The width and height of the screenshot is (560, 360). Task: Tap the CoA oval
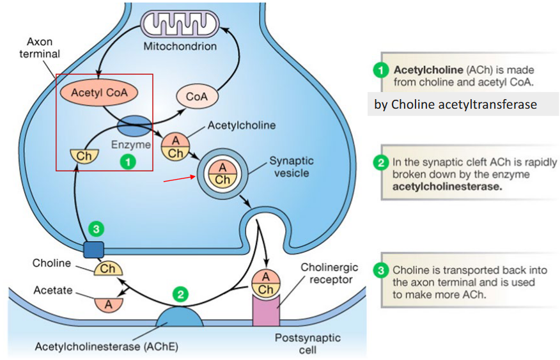tap(196, 97)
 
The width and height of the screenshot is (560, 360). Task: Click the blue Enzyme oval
tap(133, 125)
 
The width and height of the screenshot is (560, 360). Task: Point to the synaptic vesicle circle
tap(222, 173)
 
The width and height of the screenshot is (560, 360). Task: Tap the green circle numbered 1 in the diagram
tap(128, 162)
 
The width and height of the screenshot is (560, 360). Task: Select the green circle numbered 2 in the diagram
tap(182, 295)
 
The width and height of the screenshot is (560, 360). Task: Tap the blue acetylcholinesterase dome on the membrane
tap(174, 317)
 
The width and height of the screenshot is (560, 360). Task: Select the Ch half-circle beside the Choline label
tap(108, 268)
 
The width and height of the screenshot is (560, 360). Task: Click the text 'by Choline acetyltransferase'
tap(455, 104)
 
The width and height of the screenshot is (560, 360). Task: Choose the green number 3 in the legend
tap(381, 270)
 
